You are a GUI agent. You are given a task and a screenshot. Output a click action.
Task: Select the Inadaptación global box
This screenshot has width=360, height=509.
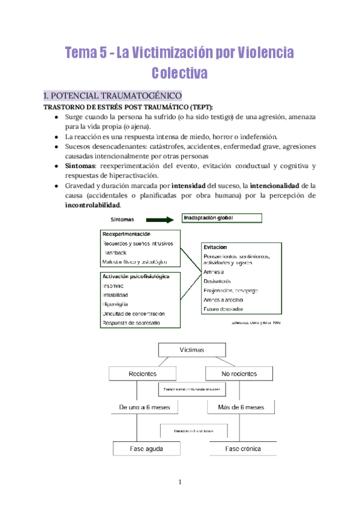tap(221, 218)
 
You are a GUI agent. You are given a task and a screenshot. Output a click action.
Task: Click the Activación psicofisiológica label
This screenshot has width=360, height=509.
tap(136, 276)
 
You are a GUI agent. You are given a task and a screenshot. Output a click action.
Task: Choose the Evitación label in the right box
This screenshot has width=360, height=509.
tap(215, 247)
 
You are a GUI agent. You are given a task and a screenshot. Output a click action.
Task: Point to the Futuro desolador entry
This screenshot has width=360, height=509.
tap(224, 309)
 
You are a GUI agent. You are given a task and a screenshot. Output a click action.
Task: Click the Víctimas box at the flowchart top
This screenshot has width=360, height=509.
tap(192, 350)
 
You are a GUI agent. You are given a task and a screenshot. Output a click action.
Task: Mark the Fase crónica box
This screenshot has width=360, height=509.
tap(243, 448)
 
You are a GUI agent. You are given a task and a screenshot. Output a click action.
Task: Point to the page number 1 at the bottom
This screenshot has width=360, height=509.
tap(179, 483)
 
